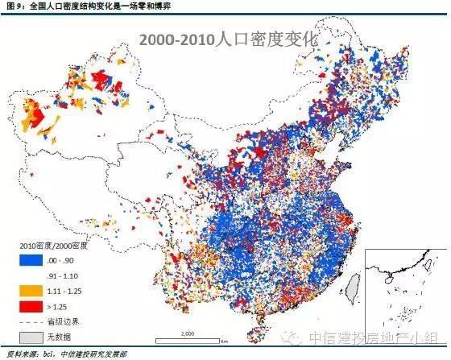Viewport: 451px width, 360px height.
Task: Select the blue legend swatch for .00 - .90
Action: (x=29, y=259)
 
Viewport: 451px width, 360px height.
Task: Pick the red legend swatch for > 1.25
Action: (x=29, y=306)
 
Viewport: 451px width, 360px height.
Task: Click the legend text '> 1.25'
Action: (x=64, y=306)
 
